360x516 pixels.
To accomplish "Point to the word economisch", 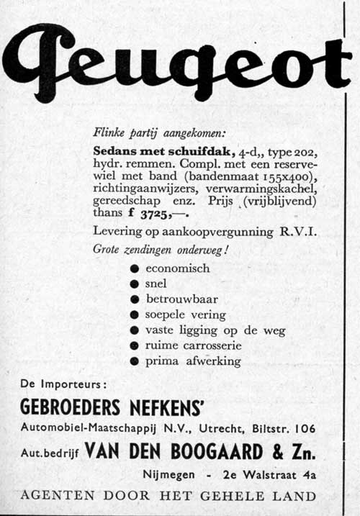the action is coord(177,268).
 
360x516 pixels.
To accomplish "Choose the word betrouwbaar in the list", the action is coord(181,299).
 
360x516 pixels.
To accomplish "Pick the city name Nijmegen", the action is coord(168,475).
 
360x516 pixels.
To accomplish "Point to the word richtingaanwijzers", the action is coord(137,189).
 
